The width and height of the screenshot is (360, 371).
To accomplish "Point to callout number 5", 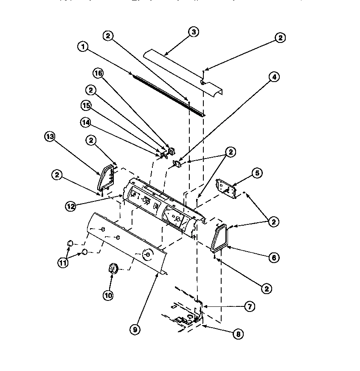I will (270, 173).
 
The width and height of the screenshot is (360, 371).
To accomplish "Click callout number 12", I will (71, 206).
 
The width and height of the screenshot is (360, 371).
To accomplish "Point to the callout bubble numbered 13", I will (50, 137).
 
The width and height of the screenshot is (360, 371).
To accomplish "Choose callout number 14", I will (86, 122).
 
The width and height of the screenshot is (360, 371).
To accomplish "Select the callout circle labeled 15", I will (86, 105).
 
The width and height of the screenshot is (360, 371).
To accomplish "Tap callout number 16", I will (98, 73).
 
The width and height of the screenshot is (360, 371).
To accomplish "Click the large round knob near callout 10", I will (112, 269).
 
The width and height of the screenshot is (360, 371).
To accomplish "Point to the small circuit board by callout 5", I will (227, 187).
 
